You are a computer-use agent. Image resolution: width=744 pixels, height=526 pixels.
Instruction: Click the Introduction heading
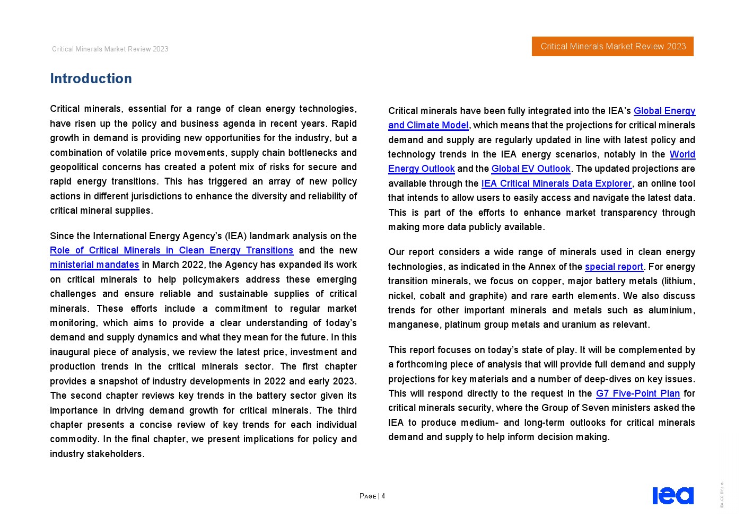click(91, 78)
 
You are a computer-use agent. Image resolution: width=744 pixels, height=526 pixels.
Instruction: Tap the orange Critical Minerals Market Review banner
click(612, 46)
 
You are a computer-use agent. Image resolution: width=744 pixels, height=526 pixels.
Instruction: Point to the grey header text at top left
click(110, 49)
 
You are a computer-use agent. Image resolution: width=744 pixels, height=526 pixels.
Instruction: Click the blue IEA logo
click(672, 496)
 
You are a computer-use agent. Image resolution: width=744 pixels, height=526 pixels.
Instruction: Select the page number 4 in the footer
click(383, 496)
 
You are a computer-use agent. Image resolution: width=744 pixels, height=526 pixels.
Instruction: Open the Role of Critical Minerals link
click(171, 250)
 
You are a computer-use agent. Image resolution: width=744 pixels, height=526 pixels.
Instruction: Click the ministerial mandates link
click(94, 265)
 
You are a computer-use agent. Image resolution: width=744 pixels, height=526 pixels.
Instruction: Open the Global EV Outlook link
click(530, 169)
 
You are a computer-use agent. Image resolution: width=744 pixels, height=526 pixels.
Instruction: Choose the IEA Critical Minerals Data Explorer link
click(556, 183)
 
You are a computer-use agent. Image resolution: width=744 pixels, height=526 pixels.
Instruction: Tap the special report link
click(614, 267)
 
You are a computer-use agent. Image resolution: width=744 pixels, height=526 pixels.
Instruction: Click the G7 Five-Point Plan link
click(637, 393)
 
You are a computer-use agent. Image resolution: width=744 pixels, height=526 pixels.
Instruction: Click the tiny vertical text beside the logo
click(722, 495)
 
